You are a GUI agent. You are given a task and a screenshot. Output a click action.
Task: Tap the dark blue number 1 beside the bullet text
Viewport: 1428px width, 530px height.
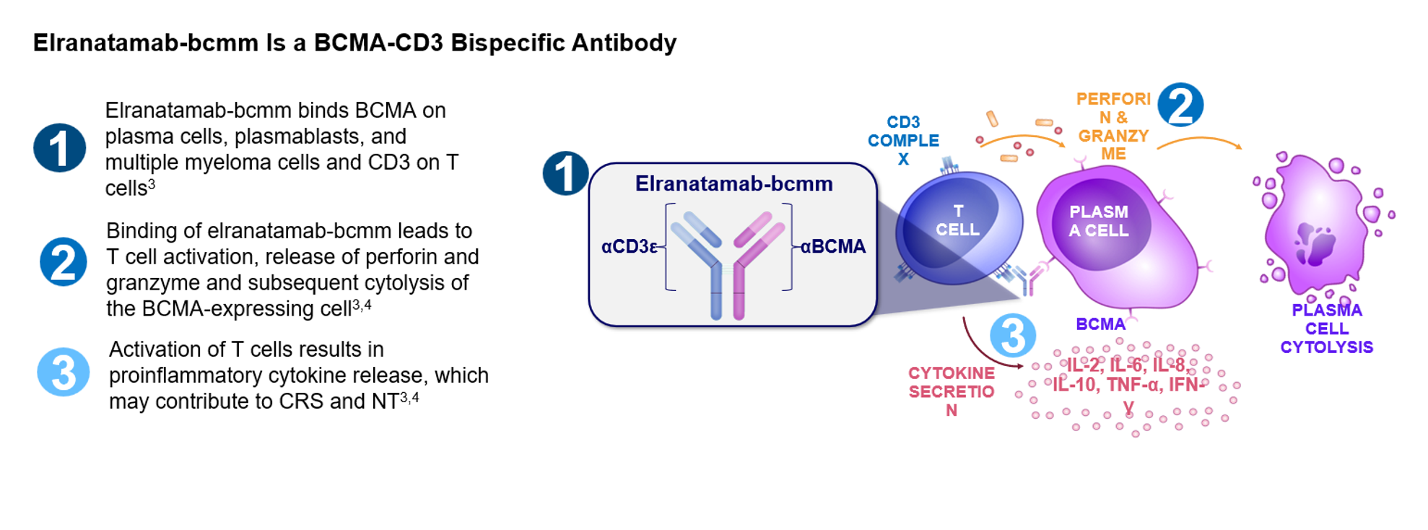pos(60,148)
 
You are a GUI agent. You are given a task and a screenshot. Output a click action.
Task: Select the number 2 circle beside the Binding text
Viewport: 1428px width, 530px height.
pos(64,262)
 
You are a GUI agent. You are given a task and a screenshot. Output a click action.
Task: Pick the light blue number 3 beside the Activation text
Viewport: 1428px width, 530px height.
pos(64,373)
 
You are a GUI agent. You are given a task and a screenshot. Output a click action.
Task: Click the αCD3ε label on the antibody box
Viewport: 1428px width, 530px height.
pos(629,247)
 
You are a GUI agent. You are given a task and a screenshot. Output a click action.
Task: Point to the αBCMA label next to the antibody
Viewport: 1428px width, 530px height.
pos(833,247)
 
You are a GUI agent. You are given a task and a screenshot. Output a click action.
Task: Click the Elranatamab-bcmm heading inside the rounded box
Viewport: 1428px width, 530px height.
pos(733,184)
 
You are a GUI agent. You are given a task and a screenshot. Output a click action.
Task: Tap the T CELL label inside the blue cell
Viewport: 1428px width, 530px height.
pos(957,220)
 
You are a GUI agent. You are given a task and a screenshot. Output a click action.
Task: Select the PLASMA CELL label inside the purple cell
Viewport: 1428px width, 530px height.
pos(1098,221)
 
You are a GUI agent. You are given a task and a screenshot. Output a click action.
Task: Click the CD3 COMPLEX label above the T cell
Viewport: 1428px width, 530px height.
pos(903,141)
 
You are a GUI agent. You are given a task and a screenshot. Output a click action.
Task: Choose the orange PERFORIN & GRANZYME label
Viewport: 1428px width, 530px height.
pos(1113,126)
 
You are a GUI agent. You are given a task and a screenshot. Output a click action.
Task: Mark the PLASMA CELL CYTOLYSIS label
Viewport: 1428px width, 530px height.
pos(1326,329)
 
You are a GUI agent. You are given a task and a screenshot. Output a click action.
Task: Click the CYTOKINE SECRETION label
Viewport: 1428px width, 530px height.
pos(951,391)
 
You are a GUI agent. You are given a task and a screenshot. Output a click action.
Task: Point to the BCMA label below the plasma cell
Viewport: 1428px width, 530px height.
pos(1100,325)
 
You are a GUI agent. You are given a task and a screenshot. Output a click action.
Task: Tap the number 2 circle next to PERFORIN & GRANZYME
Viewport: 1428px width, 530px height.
pos(1180,105)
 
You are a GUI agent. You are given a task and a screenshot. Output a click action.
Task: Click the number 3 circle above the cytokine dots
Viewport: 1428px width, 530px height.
pos(1013,336)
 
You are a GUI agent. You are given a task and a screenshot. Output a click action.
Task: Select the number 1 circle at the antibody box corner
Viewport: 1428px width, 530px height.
pos(566,173)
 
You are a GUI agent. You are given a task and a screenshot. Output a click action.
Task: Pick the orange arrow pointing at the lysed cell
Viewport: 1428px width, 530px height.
pos(1200,139)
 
